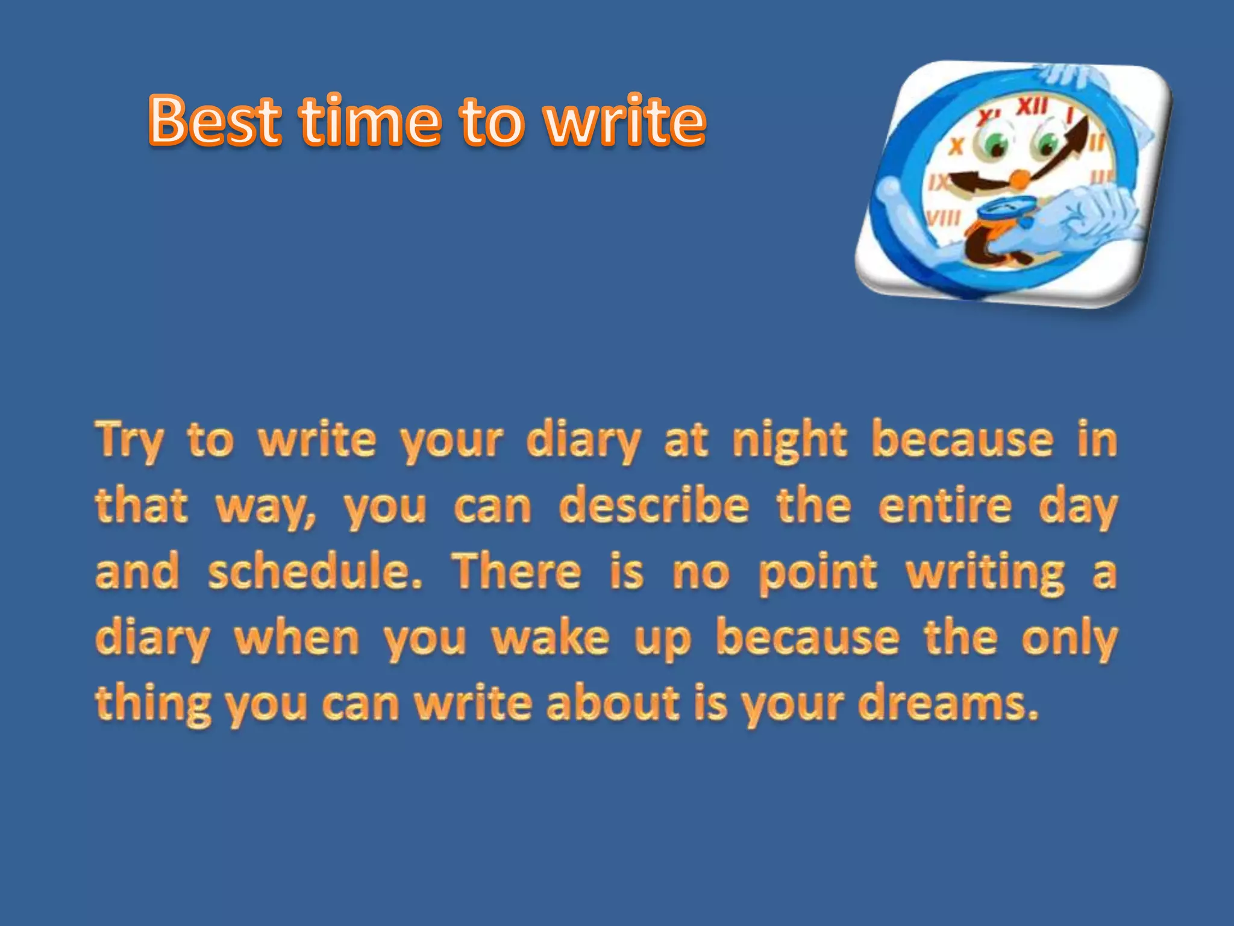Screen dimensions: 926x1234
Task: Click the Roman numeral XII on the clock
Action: click(1033, 107)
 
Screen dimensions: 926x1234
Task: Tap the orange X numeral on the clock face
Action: click(957, 145)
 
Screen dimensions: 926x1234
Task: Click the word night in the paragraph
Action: click(789, 441)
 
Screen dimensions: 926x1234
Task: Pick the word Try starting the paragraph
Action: click(129, 441)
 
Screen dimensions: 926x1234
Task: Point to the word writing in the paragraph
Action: click(986, 573)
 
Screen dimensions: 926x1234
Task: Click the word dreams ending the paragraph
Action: click(948, 704)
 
